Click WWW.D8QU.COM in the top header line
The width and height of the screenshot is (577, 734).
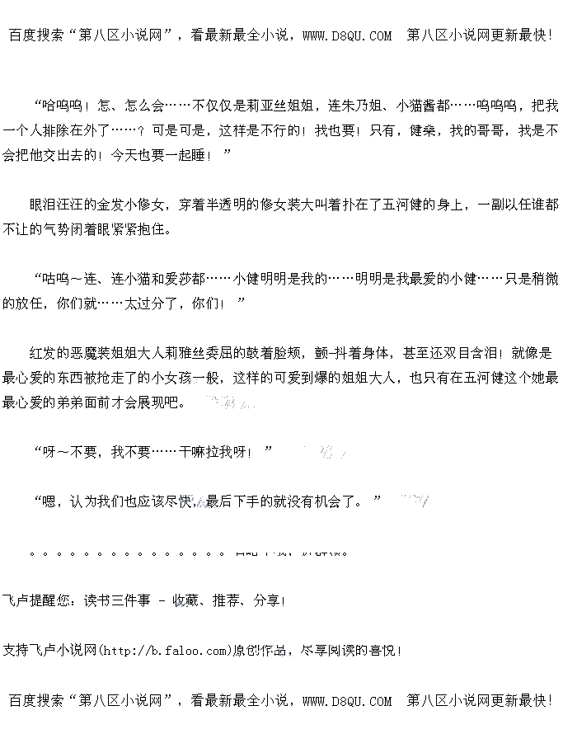click(347, 35)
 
